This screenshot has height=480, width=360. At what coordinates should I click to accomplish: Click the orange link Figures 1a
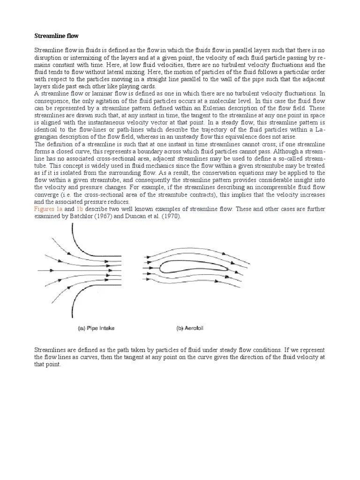48,208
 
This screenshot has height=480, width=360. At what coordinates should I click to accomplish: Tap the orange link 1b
80,208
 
